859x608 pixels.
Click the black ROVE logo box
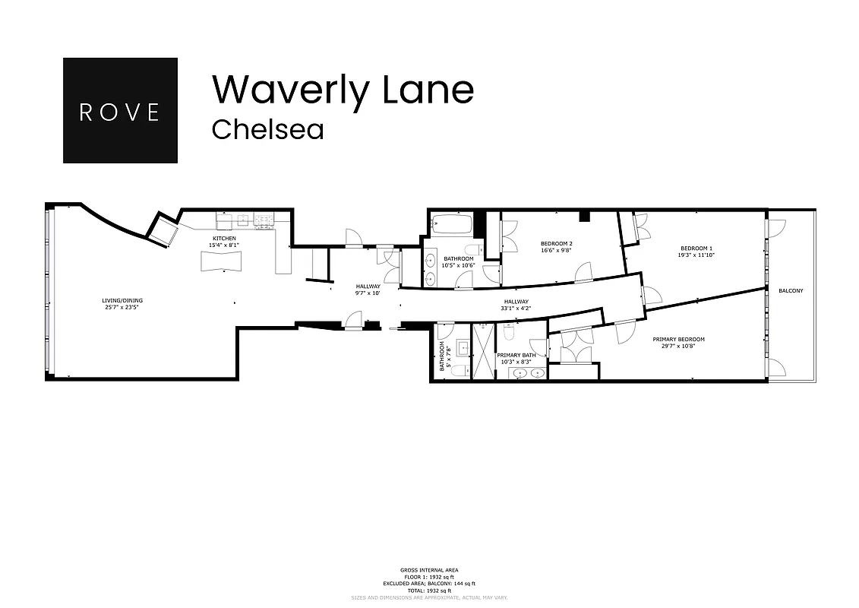pos(120,110)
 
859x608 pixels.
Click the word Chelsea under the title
pos(267,129)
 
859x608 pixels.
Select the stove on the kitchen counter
pos(264,220)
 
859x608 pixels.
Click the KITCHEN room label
pos(224,239)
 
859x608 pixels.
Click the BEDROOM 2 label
pos(556,243)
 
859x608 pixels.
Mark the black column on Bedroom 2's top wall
pos(583,216)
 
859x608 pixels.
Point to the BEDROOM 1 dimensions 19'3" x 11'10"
pos(696,255)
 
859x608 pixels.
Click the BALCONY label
pos(790,291)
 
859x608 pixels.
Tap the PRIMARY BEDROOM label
pos(678,340)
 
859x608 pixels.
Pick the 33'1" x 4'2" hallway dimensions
pos(515,309)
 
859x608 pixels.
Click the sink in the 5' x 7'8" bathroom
pos(461,347)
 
